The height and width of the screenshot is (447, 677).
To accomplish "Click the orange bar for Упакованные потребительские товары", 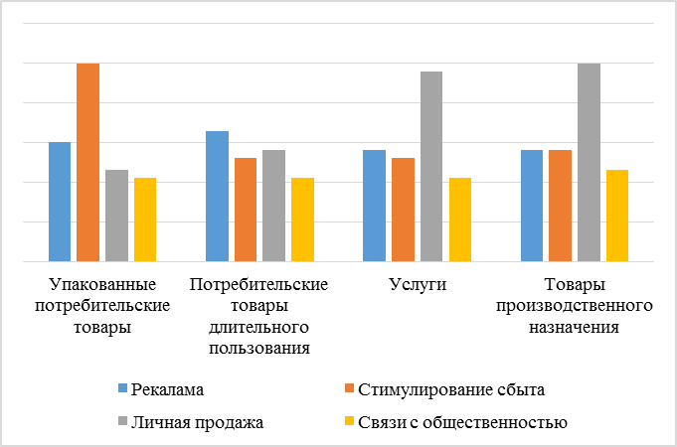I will pyautogui.click(x=88, y=162).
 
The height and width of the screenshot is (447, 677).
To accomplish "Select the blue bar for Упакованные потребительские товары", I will pyautogui.click(x=60, y=202).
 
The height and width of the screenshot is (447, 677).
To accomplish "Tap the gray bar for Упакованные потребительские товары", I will pyautogui.click(x=117, y=216).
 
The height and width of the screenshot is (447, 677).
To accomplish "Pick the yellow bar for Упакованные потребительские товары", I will pyautogui.click(x=145, y=220).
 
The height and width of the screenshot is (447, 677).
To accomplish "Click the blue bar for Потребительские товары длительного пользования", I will pyautogui.click(x=217, y=196).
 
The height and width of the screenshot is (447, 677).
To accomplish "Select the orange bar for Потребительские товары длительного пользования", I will pyautogui.click(x=246, y=210).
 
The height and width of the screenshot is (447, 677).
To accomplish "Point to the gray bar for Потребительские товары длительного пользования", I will pyautogui.click(x=273, y=206).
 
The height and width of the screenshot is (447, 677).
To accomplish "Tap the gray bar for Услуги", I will pyautogui.click(x=430, y=166).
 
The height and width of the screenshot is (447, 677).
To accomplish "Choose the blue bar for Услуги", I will pyautogui.click(x=374, y=206).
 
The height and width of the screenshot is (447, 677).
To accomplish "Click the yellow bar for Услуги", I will pyautogui.click(x=459, y=220).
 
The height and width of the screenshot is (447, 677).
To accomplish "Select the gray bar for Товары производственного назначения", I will pyautogui.click(x=589, y=162).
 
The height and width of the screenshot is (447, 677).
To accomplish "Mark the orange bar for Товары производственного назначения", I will pyautogui.click(x=560, y=206).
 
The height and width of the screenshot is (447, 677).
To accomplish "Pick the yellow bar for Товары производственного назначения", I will pyautogui.click(x=617, y=216).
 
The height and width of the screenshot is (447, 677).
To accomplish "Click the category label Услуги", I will pyautogui.click(x=417, y=285).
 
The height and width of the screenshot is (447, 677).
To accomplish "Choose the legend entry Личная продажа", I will pyautogui.click(x=199, y=423).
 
